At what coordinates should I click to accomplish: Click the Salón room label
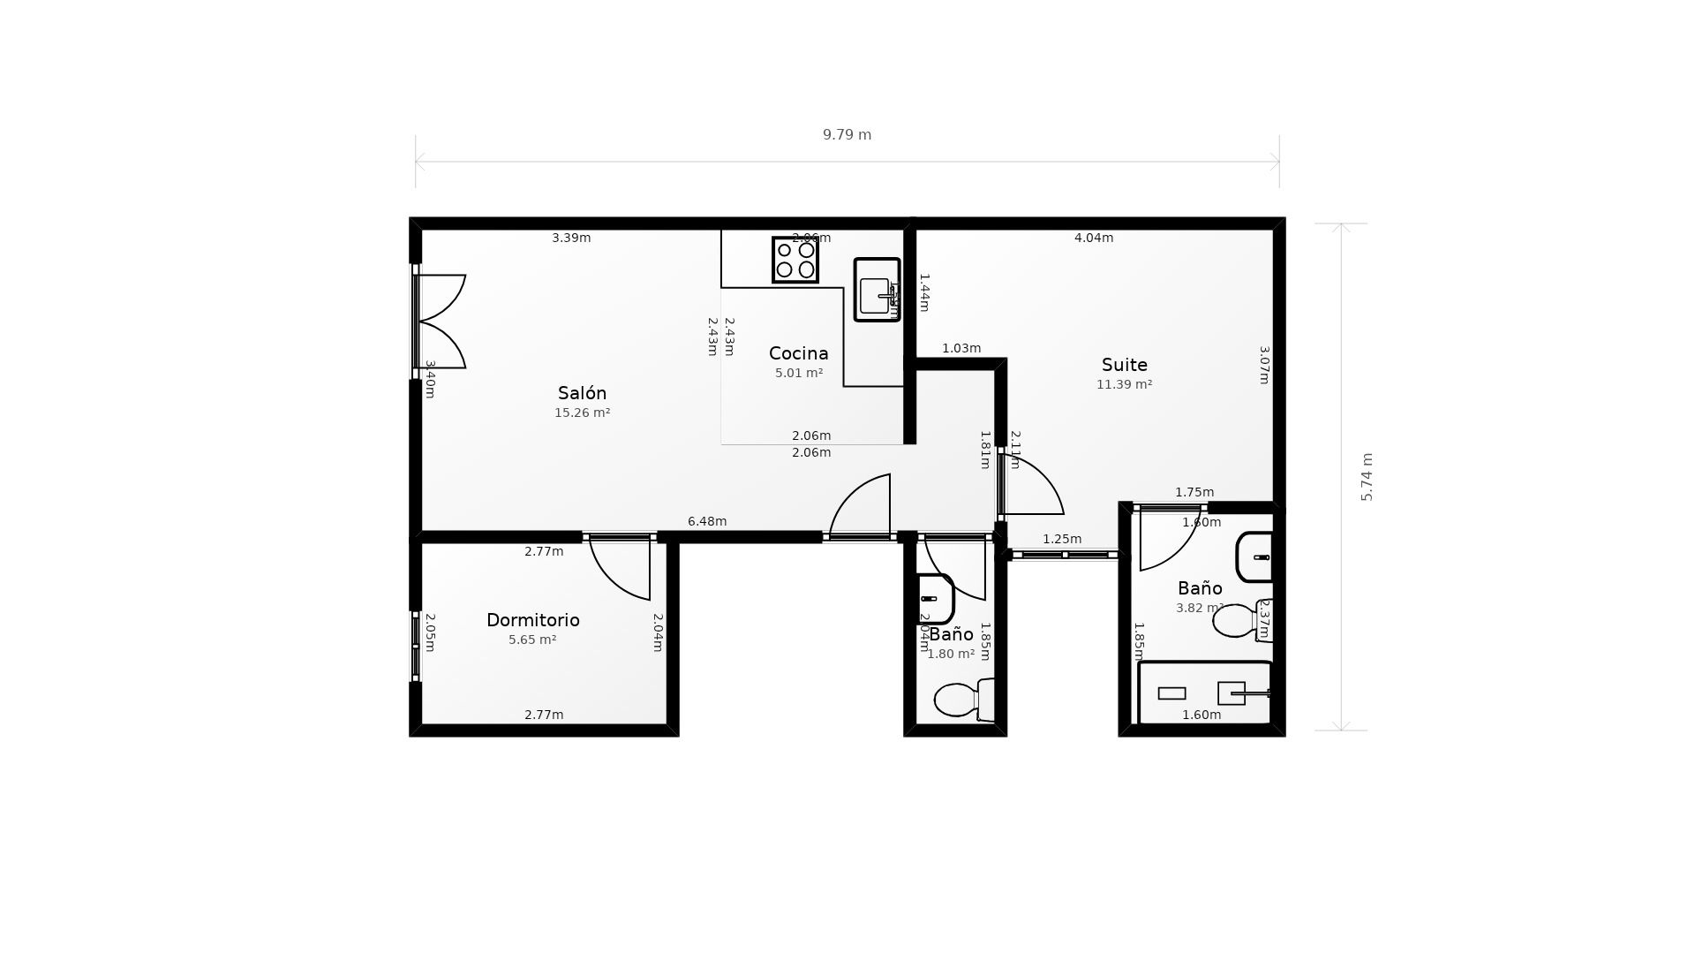(x=582, y=393)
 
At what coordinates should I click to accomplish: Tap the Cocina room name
(x=798, y=353)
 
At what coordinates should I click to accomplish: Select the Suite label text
(x=1124, y=365)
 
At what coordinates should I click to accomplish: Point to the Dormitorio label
(x=532, y=620)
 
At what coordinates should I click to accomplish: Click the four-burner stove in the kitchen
(x=795, y=260)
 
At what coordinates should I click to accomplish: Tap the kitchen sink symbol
(x=877, y=290)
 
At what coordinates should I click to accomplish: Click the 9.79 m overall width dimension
(x=847, y=135)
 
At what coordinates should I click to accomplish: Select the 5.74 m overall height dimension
(x=1367, y=477)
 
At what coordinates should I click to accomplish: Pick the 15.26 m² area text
(x=582, y=413)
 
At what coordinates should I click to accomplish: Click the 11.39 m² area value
(x=1124, y=384)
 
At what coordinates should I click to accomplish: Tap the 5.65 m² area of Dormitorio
(x=532, y=640)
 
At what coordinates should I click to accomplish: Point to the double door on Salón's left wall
(x=440, y=322)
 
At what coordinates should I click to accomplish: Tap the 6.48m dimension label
(x=707, y=521)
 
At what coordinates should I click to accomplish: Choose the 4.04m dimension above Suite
(x=1093, y=238)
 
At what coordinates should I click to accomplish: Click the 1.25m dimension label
(x=1061, y=539)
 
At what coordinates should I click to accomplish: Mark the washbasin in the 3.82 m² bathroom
(x=1255, y=557)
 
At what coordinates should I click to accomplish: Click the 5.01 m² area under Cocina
(x=798, y=373)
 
